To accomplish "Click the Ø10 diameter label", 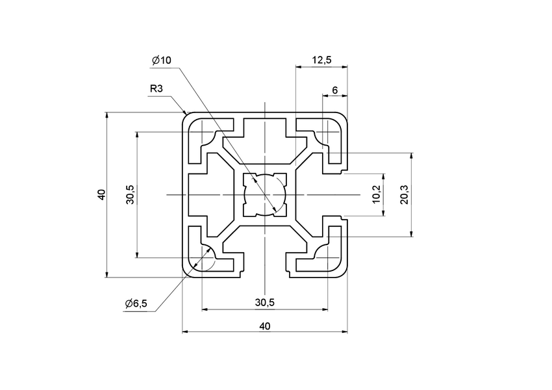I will point(161,60).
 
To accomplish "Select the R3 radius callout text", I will point(156,88).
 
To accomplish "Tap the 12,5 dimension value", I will point(321,60).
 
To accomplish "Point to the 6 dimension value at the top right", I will point(334,90).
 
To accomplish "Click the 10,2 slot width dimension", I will point(377,194).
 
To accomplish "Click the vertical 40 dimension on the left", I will point(101,195).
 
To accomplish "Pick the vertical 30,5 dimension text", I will point(130,195).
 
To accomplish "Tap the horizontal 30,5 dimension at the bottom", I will point(264,302).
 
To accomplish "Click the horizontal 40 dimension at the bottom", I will point(264,326).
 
